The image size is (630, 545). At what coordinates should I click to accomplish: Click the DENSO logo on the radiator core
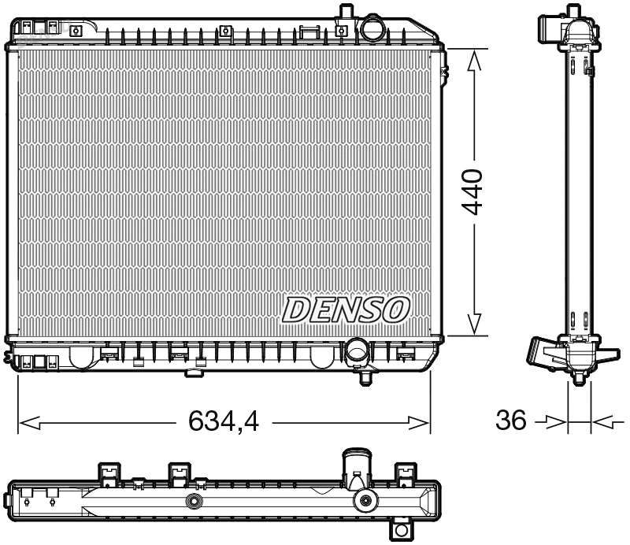pos(346,309)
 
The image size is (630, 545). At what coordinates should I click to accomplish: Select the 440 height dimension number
pos(472,192)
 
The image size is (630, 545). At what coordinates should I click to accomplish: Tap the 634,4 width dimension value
pos(224,423)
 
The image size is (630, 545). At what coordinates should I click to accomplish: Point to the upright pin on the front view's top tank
pos(344,13)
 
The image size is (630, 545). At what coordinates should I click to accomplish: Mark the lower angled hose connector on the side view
pos(543,351)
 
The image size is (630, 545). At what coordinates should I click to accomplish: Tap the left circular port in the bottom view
pos(193,502)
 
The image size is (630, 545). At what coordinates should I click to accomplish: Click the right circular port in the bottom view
pos(365,501)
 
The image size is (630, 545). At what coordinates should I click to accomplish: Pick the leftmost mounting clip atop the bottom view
pos(109,473)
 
